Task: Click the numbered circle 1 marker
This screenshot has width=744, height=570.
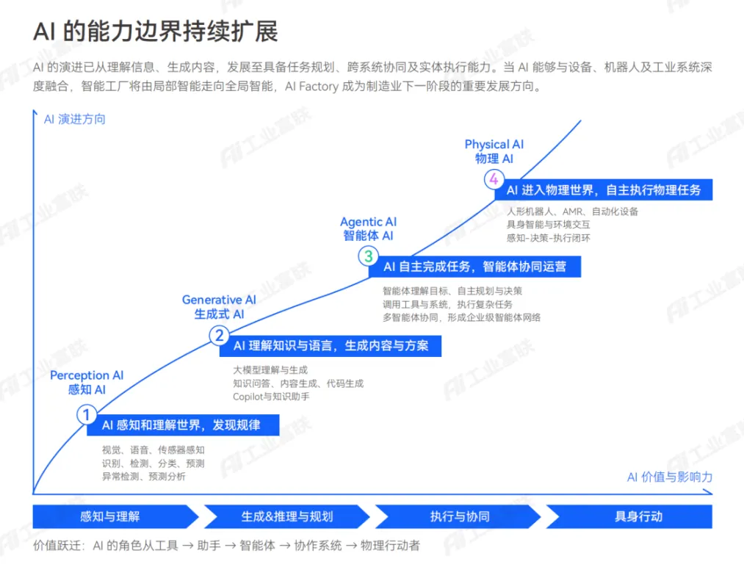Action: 87,415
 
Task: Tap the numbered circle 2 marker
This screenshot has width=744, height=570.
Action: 219,336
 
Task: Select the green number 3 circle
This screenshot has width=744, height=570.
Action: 368,256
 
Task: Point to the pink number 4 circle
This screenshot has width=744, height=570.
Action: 494,179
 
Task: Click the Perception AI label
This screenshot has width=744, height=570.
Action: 87,382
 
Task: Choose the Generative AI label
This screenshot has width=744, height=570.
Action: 219,306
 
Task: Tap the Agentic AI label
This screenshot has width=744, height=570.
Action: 368,228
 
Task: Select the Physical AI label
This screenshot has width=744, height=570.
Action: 494,151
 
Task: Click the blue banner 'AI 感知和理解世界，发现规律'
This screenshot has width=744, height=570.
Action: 183,425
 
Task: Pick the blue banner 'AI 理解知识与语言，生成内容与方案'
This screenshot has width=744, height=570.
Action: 331,346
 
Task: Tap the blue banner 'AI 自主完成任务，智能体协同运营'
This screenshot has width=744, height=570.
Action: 475,267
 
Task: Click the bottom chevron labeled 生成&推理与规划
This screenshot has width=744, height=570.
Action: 287,516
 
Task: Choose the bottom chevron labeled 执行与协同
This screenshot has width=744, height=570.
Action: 458,516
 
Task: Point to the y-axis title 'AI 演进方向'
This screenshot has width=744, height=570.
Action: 74,119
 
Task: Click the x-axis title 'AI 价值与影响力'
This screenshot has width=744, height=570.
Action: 670,477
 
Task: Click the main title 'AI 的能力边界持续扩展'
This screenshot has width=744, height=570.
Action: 155,32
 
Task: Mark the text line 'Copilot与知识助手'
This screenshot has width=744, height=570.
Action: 271,397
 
